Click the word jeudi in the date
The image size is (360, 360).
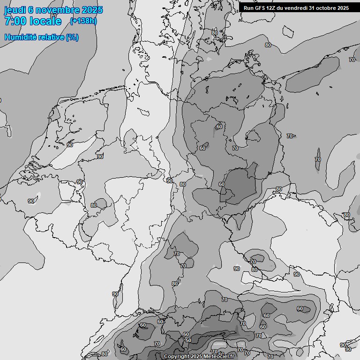coord(15,10)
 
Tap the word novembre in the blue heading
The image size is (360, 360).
coord(57,10)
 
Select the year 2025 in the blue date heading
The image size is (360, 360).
coord(92,10)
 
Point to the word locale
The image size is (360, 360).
coord(46,21)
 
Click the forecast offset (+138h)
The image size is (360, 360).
coord(83,21)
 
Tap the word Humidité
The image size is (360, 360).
coord(21,37)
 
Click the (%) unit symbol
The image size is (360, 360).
coord(72,37)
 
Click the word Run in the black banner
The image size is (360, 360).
coord(248,8)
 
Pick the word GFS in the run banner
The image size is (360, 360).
coord(260,8)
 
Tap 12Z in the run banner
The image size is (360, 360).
coord(272,8)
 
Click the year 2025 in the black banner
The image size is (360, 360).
coord(343,8)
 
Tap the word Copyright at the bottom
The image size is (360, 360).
coord(177,357)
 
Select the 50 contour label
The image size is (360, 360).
coord(188,340)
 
